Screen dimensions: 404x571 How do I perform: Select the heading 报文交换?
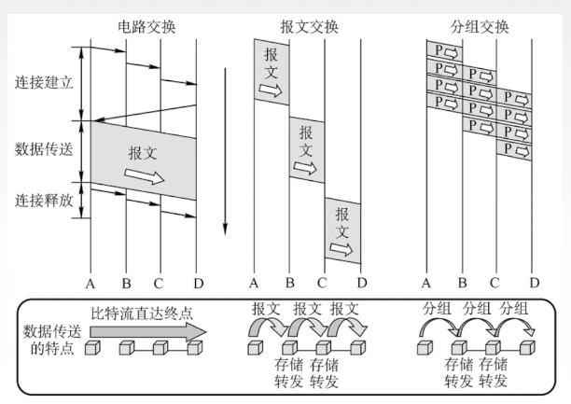307,25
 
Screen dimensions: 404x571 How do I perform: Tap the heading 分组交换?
480,25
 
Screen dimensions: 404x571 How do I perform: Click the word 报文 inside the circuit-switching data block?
143,153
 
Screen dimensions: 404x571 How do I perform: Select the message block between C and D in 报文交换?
342,229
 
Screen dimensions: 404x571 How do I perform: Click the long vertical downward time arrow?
224,149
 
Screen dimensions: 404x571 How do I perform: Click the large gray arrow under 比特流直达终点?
146,330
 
